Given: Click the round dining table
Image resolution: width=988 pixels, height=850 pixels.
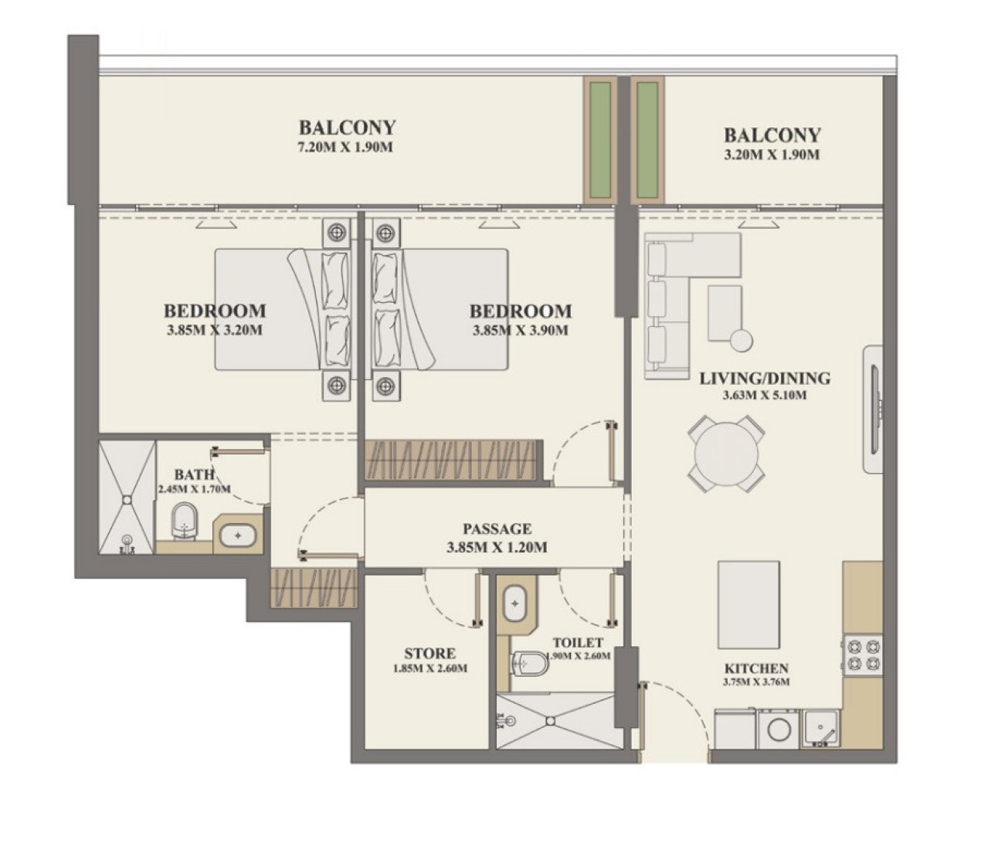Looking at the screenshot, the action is click(725, 454).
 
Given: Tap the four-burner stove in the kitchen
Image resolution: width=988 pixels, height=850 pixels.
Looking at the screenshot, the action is click(863, 655).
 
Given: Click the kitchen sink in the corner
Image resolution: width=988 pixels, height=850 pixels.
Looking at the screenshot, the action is click(820, 728).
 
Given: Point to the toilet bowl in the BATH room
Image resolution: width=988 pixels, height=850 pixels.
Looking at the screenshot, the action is click(184, 521).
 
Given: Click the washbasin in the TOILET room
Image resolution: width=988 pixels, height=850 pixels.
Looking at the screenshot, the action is click(514, 603).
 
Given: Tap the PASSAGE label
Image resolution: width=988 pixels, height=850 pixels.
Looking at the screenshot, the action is click(497, 529).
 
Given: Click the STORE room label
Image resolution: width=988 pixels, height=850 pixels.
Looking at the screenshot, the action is click(429, 654).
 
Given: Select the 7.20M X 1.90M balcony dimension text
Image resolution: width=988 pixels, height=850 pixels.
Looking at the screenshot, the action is click(345, 148).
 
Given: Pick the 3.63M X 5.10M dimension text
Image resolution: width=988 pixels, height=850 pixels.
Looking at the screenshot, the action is click(765, 396).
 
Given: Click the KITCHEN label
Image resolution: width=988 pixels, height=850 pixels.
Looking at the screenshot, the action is click(756, 668).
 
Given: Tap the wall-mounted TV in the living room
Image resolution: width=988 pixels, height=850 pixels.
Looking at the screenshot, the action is click(873, 409).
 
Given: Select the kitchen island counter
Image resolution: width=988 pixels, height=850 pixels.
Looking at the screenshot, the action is click(749, 605).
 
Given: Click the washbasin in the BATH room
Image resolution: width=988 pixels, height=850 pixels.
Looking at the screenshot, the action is click(238, 535).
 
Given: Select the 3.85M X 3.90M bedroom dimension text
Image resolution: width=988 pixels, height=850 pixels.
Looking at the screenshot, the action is click(521, 330).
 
